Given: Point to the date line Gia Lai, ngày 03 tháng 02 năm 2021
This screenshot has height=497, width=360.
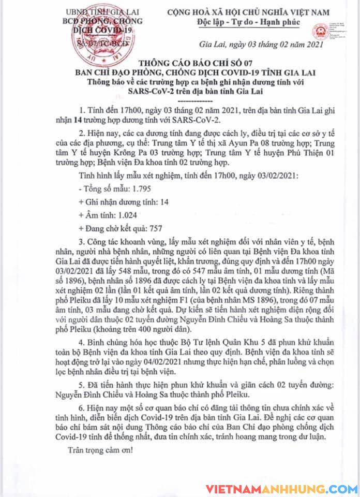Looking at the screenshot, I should (261, 45).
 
